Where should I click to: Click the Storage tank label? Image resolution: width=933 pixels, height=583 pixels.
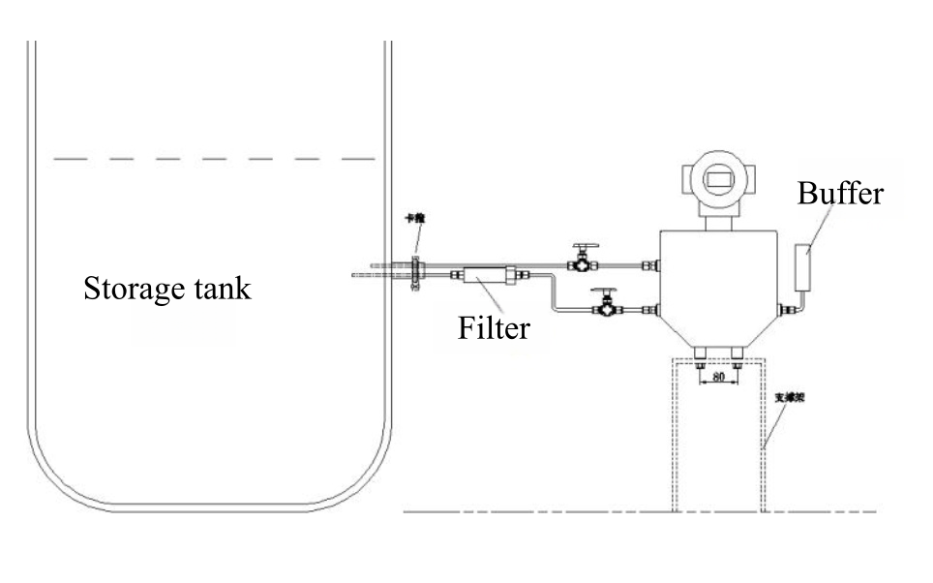click(x=166, y=289)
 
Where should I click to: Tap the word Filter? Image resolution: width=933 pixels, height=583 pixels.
click(x=494, y=327)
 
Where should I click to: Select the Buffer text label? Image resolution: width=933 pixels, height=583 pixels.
click(x=839, y=193)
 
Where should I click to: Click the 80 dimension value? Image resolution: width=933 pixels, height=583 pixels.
click(x=718, y=376)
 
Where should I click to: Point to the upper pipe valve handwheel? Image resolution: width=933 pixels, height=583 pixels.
click(x=583, y=248)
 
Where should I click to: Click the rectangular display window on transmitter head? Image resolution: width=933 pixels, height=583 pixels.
click(x=718, y=178)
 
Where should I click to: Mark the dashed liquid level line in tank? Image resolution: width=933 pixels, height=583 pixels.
click(x=213, y=158)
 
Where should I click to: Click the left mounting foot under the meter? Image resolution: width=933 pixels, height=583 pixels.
click(x=700, y=357)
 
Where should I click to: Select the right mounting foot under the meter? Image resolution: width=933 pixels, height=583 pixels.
click(x=737, y=357)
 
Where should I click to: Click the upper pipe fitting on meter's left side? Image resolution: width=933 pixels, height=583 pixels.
click(x=655, y=263)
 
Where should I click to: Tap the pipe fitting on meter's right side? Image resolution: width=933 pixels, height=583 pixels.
click(x=789, y=309)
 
